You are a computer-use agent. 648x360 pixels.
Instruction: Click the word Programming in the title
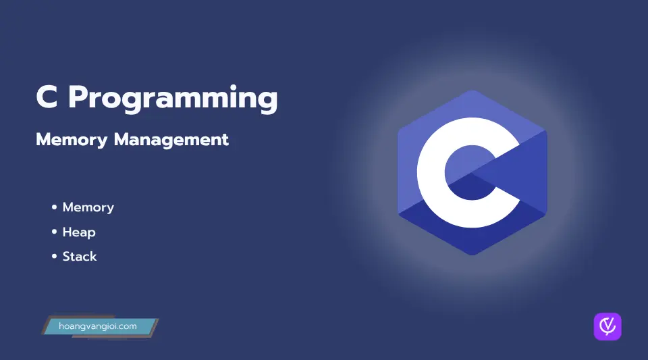(173, 99)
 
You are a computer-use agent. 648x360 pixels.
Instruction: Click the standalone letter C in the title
(47, 97)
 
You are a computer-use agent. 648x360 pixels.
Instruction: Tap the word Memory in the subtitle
(72, 140)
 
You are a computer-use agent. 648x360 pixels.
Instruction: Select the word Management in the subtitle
(171, 140)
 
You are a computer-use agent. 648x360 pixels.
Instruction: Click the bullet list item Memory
(88, 207)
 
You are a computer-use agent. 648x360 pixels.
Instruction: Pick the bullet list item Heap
(79, 232)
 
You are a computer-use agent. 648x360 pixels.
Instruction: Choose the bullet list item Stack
(80, 257)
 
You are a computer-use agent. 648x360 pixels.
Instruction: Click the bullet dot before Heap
(54, 232)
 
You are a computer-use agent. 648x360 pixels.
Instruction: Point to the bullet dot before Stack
(54, 256)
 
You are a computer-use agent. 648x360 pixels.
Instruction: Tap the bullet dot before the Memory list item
(54, 207)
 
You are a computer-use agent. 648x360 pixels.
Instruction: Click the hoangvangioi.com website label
(97, 326)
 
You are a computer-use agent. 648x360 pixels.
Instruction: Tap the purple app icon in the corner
(607, 326)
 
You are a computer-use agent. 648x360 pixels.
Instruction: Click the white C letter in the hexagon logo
(430, 173)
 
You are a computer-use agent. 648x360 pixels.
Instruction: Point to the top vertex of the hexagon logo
(473, 91)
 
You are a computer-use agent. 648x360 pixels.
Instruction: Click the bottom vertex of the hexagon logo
(473, 255)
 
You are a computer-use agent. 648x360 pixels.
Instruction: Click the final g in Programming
(268, 101)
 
